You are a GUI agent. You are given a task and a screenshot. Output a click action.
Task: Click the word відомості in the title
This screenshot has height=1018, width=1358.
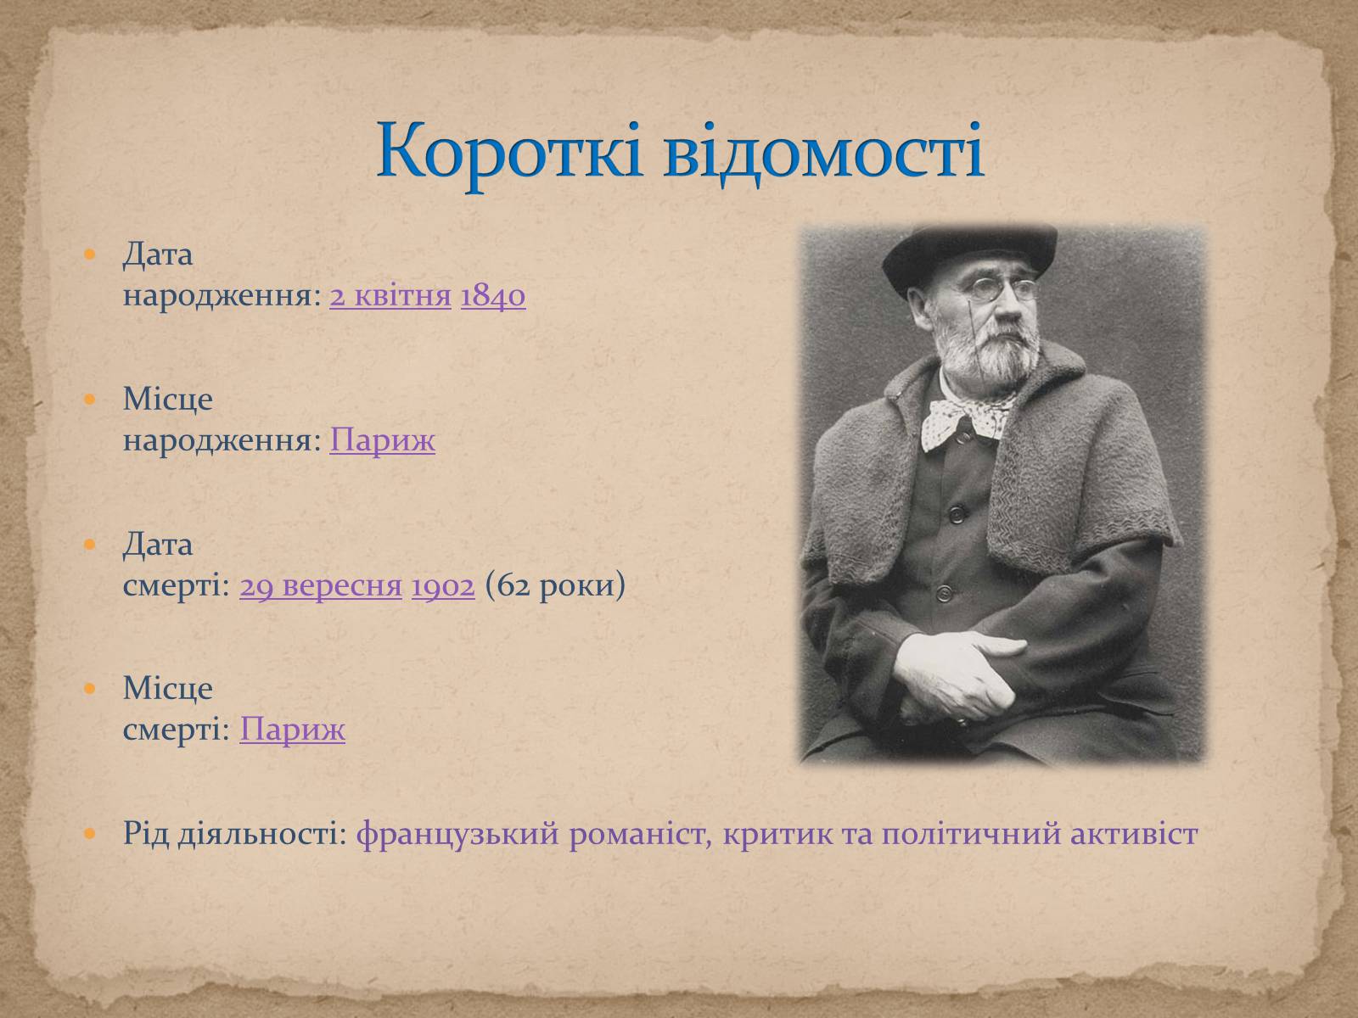click(x=823, y=154)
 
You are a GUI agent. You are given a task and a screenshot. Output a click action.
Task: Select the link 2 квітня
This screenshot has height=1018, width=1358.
click(x=390, y=296)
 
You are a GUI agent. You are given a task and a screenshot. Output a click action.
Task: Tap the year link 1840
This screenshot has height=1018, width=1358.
click(x=493, y=296)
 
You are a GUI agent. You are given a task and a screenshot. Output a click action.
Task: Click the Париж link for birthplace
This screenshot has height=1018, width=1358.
click(x=382, y=440)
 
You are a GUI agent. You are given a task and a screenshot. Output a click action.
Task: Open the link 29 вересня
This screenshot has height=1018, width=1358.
click(x=321, y=585)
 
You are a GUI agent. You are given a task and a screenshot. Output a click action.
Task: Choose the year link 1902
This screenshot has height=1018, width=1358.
click(x=443, y=585)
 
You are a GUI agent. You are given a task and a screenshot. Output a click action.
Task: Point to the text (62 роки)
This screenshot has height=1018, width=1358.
click(x=555, y=585)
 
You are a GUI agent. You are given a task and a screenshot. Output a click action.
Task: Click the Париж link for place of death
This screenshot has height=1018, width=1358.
click(x=292, y=730)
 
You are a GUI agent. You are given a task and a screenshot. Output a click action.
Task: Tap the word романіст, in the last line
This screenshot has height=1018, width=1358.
click(x=640, y=834)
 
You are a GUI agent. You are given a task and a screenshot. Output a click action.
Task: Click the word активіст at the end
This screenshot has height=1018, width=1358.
click(x=1134, y=834)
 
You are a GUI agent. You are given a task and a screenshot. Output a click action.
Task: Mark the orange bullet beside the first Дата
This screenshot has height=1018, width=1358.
click(x=90, y=254)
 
